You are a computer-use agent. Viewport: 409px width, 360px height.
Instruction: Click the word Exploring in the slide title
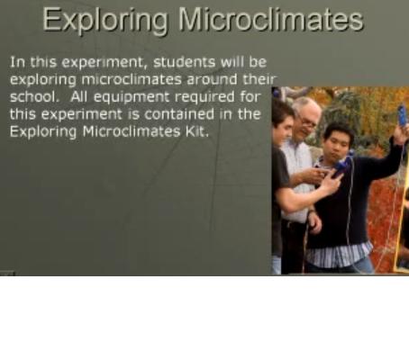point(105,21)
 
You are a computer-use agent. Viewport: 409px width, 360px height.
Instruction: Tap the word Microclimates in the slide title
point(271,19)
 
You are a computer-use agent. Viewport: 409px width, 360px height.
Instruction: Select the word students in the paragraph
point(184,62)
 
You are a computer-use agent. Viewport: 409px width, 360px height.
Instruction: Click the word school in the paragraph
point(33,96)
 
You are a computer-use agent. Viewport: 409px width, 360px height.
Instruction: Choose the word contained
point(179,114)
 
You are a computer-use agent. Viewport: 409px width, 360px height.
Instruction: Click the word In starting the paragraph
point(18,62)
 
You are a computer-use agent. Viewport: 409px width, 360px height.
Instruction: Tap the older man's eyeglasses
point(307,121)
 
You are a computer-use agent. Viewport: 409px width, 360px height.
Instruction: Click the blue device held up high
point(403,115)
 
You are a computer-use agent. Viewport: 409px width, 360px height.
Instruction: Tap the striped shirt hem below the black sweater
point(340,256)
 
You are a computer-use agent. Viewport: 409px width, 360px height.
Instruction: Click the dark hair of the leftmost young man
point(281,112)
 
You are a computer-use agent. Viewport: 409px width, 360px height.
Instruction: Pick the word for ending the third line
point(250,96)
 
